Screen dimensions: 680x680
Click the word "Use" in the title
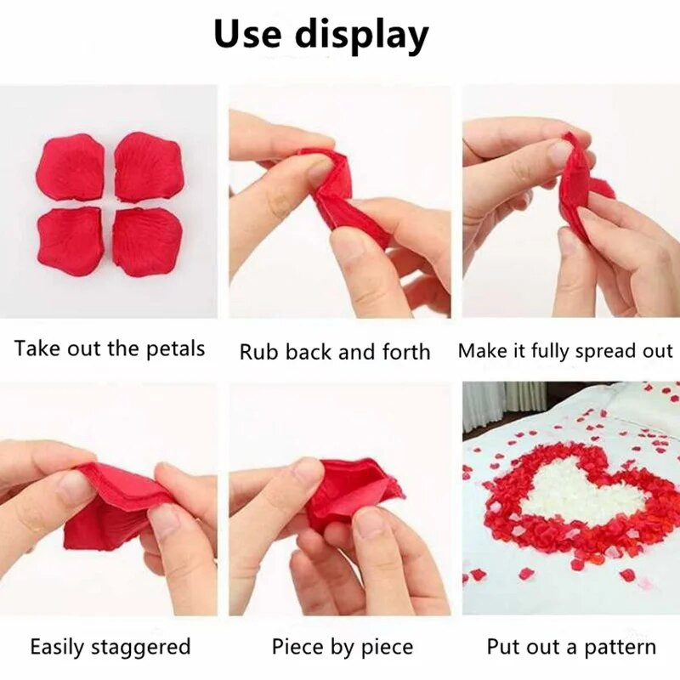tap(247, 34)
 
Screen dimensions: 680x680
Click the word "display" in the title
tap(362, 37)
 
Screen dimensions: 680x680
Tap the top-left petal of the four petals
tap(71, 167)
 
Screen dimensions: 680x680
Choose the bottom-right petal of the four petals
tap(147, 242)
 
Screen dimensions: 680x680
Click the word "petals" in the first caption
tap(175, 349)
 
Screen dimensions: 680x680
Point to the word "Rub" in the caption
tap(258, 351)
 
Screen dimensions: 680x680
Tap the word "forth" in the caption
tap(406, 351)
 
